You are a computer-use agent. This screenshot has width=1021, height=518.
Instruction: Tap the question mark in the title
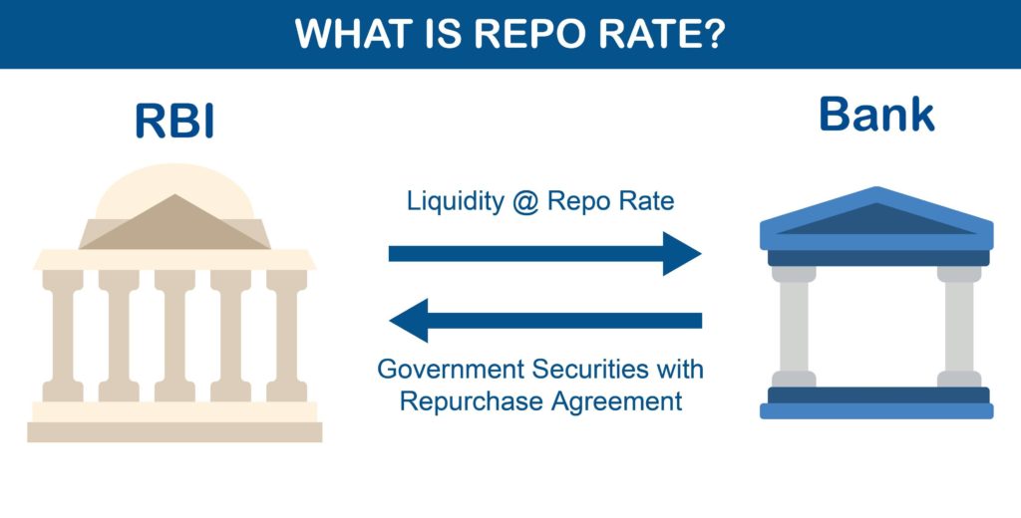(715, 34)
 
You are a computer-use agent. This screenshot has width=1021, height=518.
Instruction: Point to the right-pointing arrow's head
(683, 253)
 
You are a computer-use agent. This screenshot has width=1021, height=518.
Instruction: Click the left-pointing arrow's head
(409, 321)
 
